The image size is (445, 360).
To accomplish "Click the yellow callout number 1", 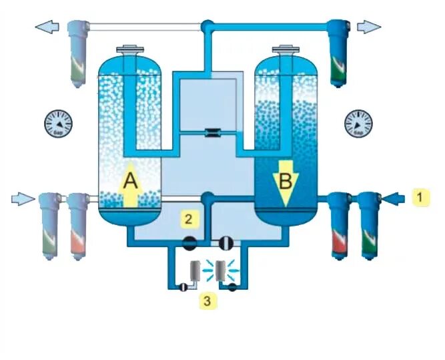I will [x=420, y=198].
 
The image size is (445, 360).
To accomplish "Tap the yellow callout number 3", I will [x=208, y=301].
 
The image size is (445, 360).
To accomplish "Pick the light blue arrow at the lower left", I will [x=23, y=198].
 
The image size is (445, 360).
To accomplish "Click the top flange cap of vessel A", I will [x=129, y=49].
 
